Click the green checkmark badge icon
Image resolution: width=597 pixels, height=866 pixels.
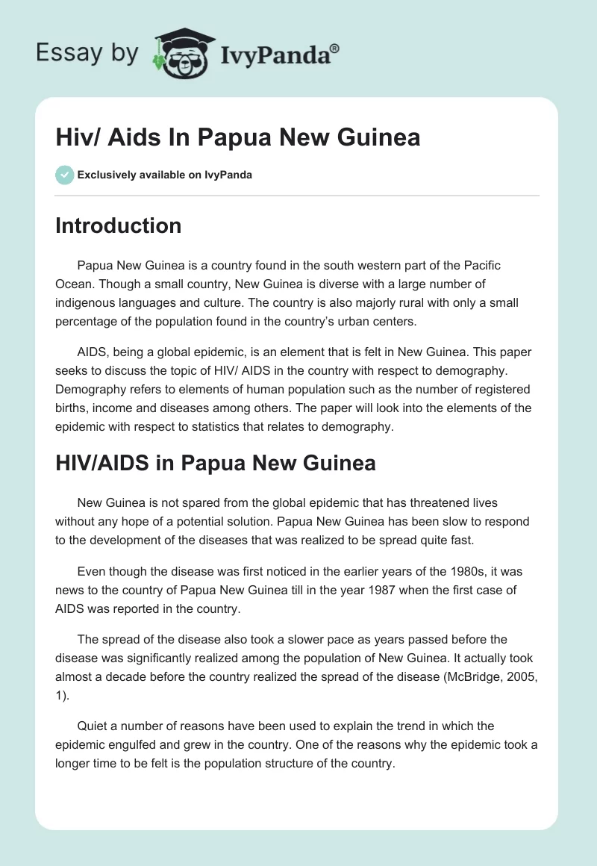[64, 175]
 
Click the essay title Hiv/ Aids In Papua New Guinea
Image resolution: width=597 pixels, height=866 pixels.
[237, 137]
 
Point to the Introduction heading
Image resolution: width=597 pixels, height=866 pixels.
[118, 225]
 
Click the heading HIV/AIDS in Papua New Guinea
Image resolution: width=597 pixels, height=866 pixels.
[215, 463]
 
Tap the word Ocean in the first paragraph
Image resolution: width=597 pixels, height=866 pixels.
[76, 284]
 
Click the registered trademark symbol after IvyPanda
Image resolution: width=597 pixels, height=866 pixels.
[335, 48]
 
